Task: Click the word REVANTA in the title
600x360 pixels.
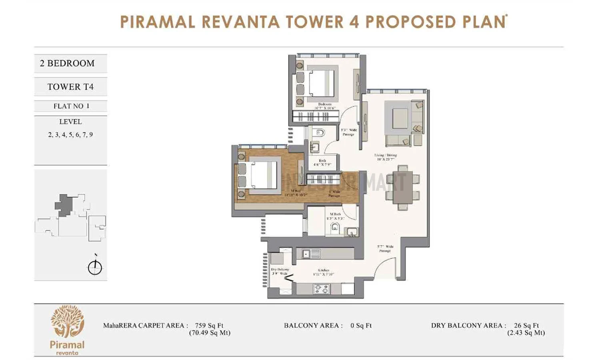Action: pos(240,22)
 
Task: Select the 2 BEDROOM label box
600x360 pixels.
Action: pos(70,63)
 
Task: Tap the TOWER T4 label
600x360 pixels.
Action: pos(70,87)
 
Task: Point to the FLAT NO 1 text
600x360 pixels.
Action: pos(71,106)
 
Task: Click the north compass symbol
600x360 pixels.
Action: pos(95,267)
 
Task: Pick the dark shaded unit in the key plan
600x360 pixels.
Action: pos(63,205)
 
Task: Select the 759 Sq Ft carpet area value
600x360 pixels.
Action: pos(209,326)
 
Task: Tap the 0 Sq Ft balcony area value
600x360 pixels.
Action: pos(361,326)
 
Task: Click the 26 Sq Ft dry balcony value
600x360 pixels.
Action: pos(526,326)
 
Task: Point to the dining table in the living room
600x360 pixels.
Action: pos(402,188)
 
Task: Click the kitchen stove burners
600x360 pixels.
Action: pos(321,289)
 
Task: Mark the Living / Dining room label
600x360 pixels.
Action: pos(386,157)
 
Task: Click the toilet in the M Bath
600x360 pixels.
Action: pos(335,228)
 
